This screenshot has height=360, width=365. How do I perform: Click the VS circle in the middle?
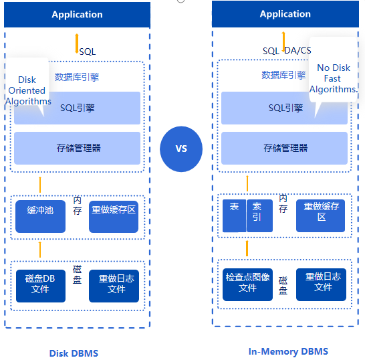pyautogui.click(x=181, y=149)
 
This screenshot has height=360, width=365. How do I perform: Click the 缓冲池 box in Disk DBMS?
pyautogui.click(x=40, y=216)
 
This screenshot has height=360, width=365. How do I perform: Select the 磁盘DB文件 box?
pyautogui.click(x=41, y=286)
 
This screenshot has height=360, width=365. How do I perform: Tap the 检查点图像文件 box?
pyautogui.click(x=247, y=284)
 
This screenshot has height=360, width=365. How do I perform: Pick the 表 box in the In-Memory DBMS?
pyautogui.click(x=234, y=215)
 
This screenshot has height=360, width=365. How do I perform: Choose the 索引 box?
pyautogui.click(x=259, y=215)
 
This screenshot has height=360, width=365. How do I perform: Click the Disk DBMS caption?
pyautogui.click(x=74, y=353)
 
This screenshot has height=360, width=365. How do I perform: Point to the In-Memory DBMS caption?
pyautogui.click(x=288, y=351)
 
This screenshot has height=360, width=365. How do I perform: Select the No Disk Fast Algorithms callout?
pyautogui.click(x=333, y=74)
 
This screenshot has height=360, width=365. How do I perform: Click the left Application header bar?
pyautogui.click(x=77, y=15)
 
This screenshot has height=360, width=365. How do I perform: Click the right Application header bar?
pyautogui.click(x=285, y=14)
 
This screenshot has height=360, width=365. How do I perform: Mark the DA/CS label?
pyautogui.click(x=297, y=50)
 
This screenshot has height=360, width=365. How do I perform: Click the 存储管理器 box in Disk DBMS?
pyautogui.click(x=77, y=148)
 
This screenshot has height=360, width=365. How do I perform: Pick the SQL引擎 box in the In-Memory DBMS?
pyautogui.click(x=284, y=108)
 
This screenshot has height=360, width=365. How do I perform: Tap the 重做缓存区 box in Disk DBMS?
pyautogui.click(x=114, y=216)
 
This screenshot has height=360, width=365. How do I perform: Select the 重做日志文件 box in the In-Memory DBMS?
pyautogui.click(x=321, y=284)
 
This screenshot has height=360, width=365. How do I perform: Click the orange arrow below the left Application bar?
pyautogui.click(x=77, y=43)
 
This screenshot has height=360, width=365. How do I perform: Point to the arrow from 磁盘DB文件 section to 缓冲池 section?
pyautogui.click(x=40, y=250)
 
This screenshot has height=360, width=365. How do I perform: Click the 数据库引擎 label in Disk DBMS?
pyautogui.click(x=77, y=77)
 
